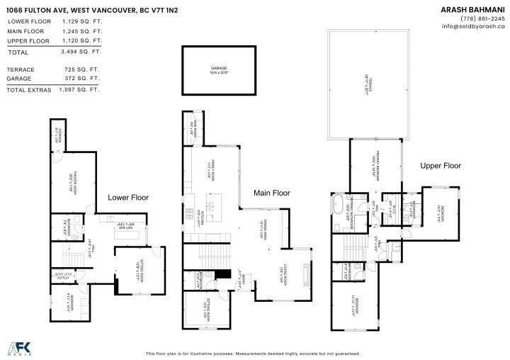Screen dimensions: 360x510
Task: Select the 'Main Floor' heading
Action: point(272,192)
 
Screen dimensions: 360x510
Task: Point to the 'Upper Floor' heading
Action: point(441,166)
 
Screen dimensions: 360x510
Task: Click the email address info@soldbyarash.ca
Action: point(473,26)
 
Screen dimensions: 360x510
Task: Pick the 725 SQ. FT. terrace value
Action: point(87,69)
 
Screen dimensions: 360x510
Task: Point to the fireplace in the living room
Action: point(306,273)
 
